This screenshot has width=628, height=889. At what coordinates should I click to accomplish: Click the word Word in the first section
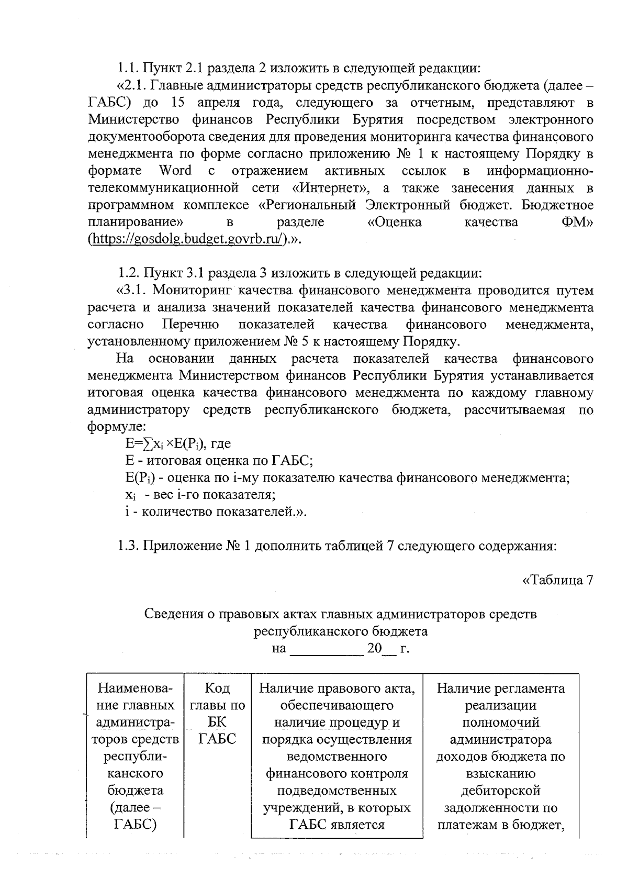pos(175,171)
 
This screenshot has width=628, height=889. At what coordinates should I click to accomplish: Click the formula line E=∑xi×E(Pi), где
pos(178,444)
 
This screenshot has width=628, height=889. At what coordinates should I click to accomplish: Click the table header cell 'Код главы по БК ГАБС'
pos(217,714)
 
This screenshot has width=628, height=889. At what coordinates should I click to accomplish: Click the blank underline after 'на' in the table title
pos(326,649)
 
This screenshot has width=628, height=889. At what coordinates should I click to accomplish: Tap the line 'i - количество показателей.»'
pos(215,512)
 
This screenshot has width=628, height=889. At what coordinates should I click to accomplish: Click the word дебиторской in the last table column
pos(500,791)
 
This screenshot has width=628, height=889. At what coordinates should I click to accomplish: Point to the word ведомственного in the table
pos(337,757)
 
